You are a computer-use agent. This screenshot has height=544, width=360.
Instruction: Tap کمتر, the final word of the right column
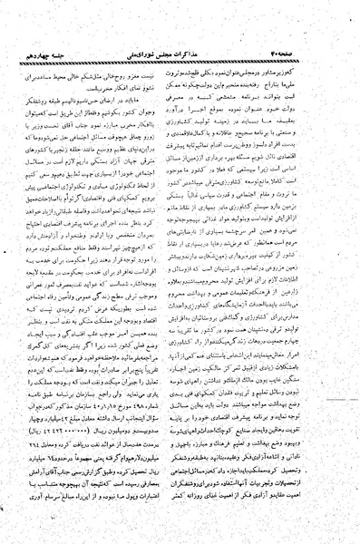199,525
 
